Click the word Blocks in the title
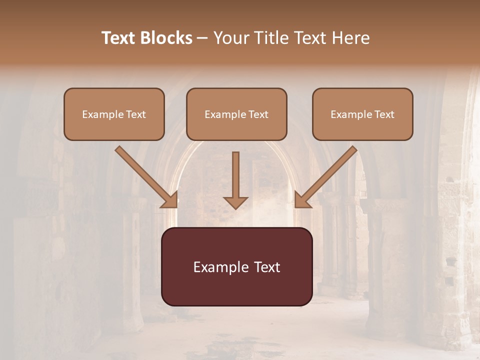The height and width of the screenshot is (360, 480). (x=167, y=38)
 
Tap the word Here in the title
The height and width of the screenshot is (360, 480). (x=350, y=38)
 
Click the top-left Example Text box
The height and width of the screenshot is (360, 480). (x=114, y=114)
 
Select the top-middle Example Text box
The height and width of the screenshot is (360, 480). (x=236, y=114)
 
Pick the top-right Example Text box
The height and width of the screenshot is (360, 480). (x=362, y=114)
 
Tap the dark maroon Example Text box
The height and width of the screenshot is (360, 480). (x=236, y=266)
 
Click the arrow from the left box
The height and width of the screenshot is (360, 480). (x=145, y=175)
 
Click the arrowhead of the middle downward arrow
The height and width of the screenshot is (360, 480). (x=235, y=201)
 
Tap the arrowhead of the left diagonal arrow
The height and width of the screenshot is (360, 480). (x=170, y=200)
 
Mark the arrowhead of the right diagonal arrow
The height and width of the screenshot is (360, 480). (x=301, y=200)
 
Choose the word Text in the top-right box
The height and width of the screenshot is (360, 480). (x=384, y=114)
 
